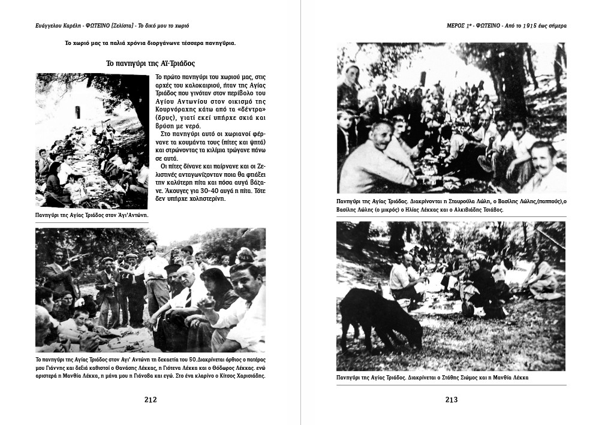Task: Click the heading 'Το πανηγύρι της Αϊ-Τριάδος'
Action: click(x=150, y=63)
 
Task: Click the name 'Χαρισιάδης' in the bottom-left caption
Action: click(x=247, y=376)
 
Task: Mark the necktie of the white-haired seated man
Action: click(x=188, y=297)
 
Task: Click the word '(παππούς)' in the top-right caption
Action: click(x=522, y=202)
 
